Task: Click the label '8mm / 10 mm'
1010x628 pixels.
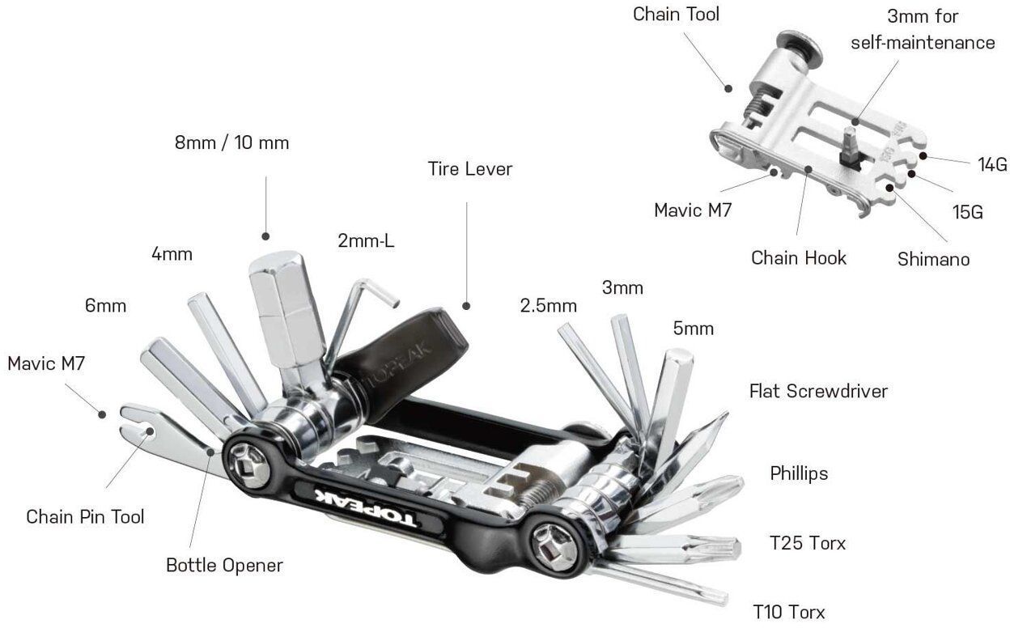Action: click(x=231, y=142)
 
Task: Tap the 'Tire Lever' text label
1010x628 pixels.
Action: click(x=470, y=168)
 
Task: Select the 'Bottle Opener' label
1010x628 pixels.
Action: click(x=224, y=564)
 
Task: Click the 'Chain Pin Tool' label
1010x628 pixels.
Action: click(x=85, y=516)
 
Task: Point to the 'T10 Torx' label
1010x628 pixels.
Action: click(x=788, y=611)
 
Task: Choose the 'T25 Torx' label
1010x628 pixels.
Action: click(x=807, y=542)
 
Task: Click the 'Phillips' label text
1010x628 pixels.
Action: click(x=799, y=473)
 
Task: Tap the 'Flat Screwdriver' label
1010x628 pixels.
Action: click(x=818, y=392)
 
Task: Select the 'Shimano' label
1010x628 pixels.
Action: click(x=933, y=260)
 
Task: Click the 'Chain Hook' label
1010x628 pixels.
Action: click(x=798, y=257)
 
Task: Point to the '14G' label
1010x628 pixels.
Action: click(x=991, y=165)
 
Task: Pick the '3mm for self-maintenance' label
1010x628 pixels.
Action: click(x=923, y=29)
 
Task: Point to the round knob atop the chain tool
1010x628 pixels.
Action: click(x=797, y=45)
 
